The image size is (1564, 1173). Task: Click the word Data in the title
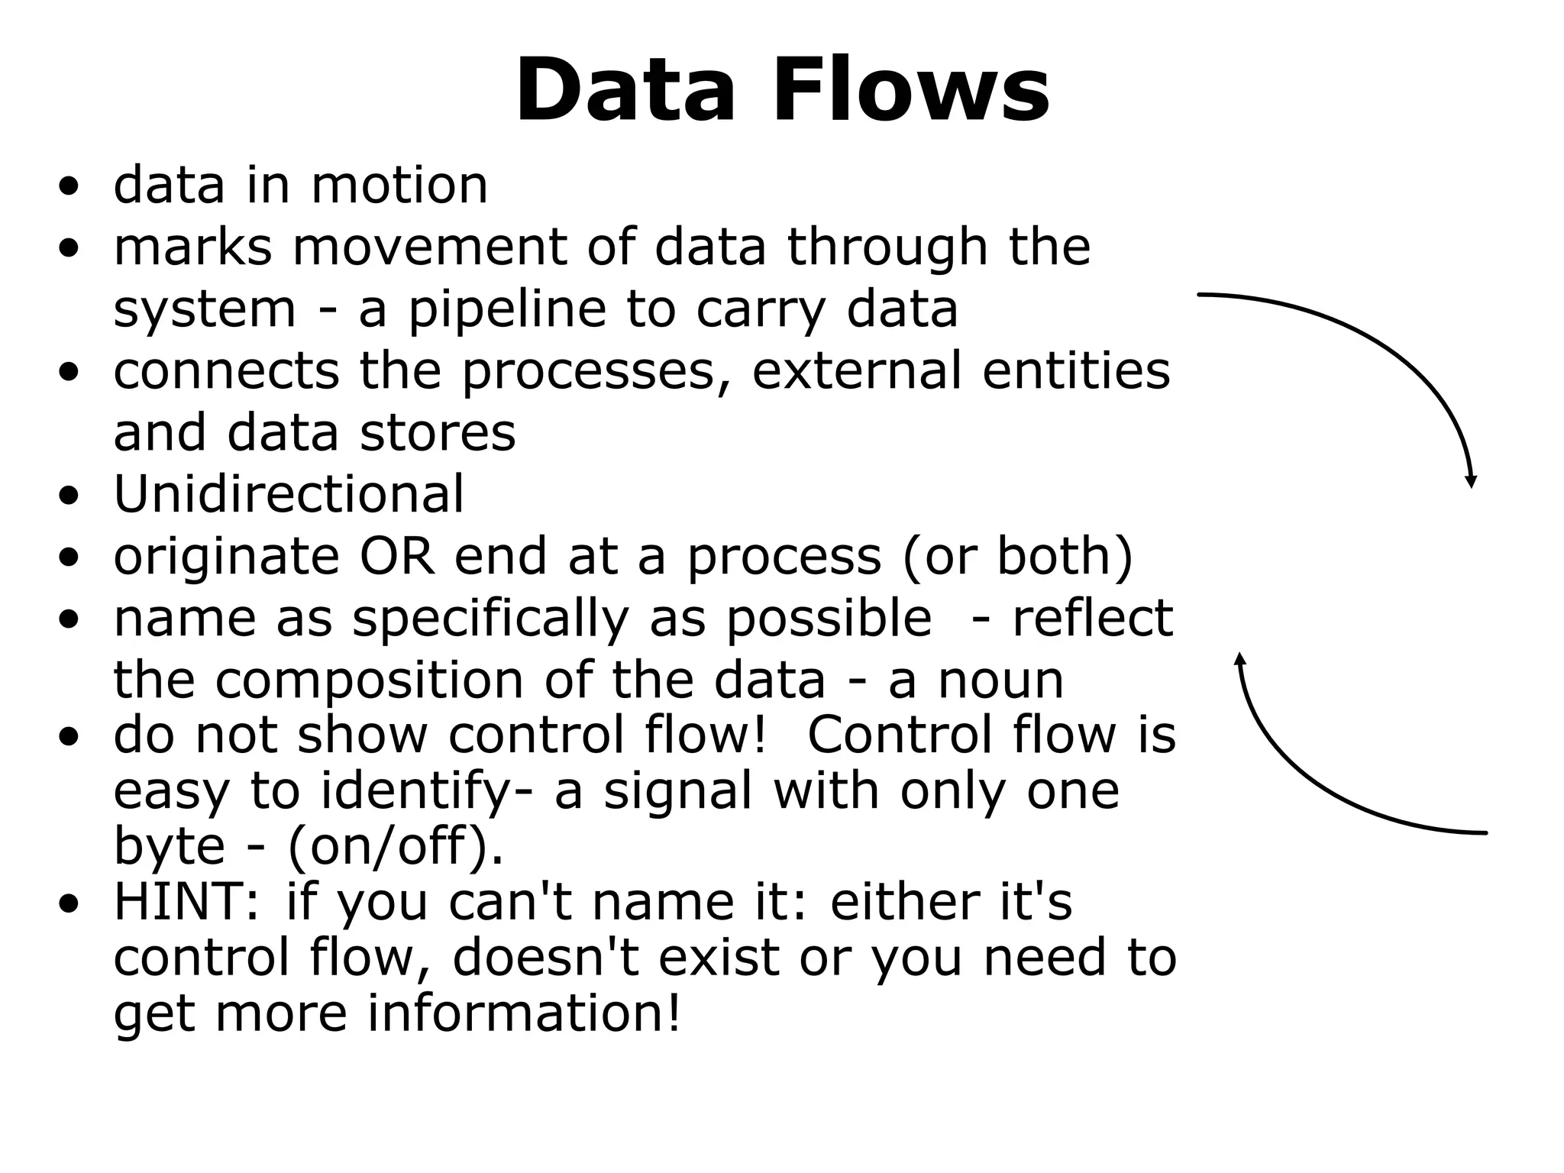point(625,90)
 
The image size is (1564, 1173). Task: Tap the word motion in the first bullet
point(399,186)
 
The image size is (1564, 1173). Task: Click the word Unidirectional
point(289,493)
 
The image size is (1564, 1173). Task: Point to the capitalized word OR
point(396,556)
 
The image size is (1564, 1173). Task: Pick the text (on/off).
point(396,846)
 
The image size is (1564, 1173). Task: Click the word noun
point(1000,680)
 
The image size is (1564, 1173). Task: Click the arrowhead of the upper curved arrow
point(1471,481)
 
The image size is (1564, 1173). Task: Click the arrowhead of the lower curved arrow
point(1240,658)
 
